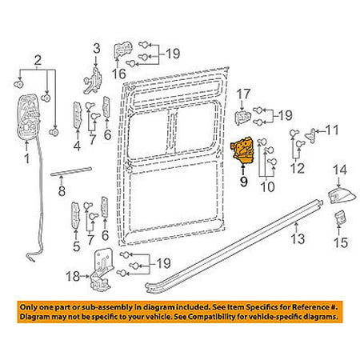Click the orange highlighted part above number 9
(242, 150)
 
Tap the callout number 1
(27, 159)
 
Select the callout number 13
(298, 238)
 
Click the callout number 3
(97, 49)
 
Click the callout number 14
(340, 170)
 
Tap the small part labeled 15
(340, 218)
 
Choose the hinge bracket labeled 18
(102, 270)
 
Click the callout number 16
(119, 74)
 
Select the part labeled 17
(242, 117)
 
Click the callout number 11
(332, 130)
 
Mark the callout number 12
(298, 168)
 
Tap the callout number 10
(267, 186)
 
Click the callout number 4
(77, 146)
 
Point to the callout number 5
(76, 246)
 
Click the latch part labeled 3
(93, 81)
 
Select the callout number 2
(38, 61)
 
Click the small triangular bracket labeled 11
(311, 135)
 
